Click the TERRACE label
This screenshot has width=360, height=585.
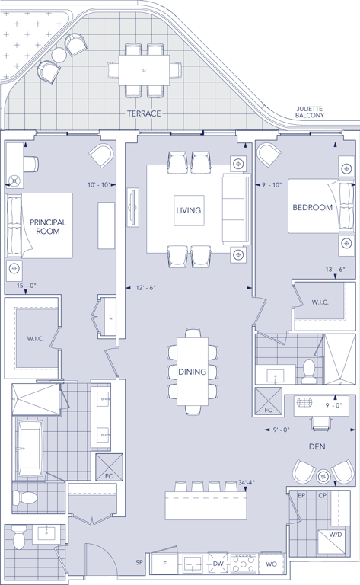(144, 113)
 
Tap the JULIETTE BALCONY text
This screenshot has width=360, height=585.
(309, 112)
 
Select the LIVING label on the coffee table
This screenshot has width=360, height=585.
(189, 210)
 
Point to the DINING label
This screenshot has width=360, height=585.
(192, 372)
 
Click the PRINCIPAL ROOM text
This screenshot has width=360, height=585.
(48, 227)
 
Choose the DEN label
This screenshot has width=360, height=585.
(317, 446)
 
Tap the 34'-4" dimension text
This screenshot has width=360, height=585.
(247, 482)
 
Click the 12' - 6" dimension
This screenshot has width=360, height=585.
(145, 288)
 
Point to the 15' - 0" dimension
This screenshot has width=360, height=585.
(26, 286)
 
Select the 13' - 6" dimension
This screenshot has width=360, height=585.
(336, 270)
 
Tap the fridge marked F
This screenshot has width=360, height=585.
(164, 564)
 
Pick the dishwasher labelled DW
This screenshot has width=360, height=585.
(218, 564)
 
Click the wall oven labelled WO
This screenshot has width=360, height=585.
(271, 564)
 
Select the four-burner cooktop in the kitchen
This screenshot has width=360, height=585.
(243, 564)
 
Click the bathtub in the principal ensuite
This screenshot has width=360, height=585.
(30, 448)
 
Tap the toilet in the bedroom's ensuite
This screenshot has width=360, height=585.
(308, 371)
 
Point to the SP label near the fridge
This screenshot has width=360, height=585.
(140, 562)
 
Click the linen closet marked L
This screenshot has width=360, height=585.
(110, 317)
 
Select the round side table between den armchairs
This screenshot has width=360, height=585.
(323, 476)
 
